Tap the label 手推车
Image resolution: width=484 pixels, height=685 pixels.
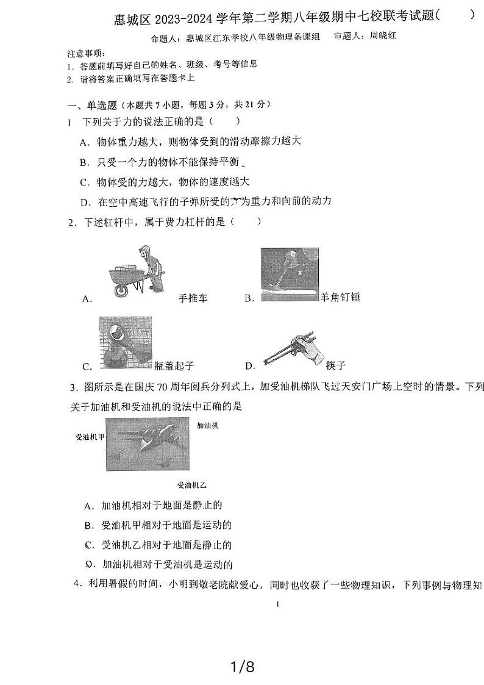pos(193,298)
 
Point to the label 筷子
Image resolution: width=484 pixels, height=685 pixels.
pos(335,365)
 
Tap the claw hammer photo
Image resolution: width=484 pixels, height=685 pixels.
pos(290,274)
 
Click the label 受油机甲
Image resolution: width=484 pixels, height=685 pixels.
pos(90,437)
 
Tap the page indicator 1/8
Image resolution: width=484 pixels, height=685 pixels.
pos(241,667)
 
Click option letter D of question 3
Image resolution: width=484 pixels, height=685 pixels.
pos(89,564)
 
